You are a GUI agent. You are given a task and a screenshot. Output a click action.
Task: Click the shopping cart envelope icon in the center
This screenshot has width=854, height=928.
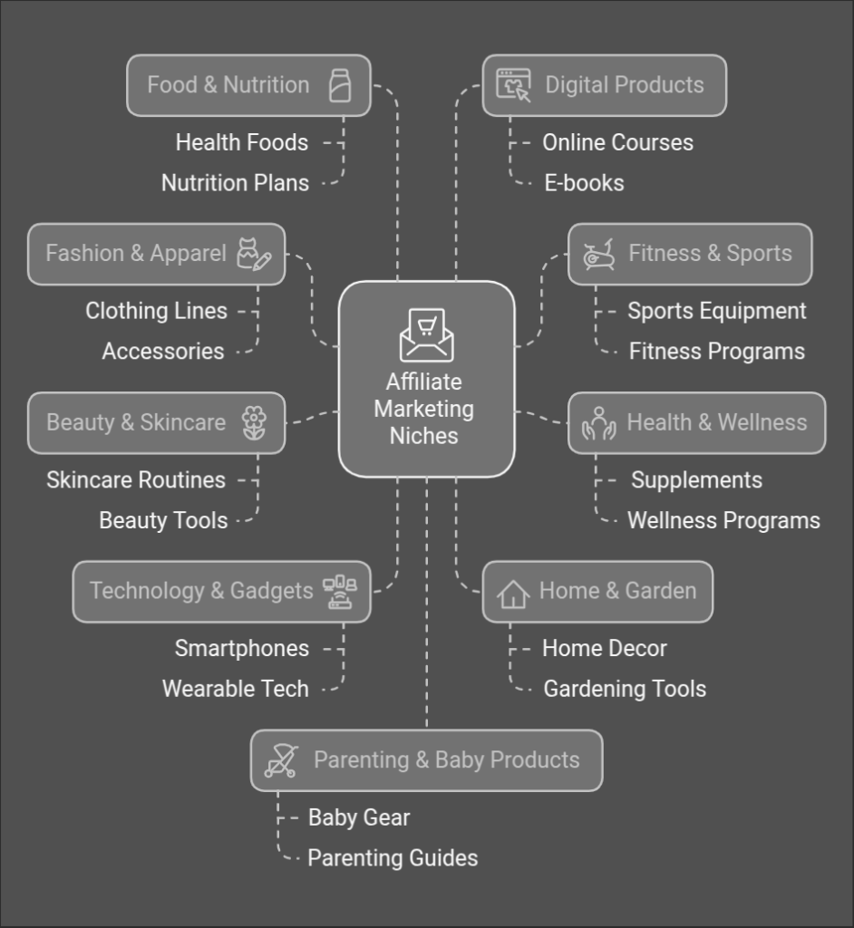click(426, 334)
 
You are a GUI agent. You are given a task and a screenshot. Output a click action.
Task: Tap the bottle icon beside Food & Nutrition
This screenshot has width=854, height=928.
click(340, 85)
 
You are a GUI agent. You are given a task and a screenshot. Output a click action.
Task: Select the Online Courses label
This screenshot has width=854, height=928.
click(617, 142)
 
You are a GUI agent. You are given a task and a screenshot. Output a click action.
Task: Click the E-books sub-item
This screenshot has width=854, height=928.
click(584, 182)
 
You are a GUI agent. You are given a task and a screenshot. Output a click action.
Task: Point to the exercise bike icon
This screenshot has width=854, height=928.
click(599, 255)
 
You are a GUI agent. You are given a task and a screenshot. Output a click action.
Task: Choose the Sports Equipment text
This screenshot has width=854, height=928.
click(716, 311)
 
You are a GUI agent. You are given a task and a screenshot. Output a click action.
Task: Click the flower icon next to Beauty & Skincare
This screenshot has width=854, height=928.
click(255, 422)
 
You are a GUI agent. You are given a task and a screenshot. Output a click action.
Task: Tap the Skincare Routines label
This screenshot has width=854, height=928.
click(136, 479)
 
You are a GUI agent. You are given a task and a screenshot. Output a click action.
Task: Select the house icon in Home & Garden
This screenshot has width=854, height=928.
click(513, 594)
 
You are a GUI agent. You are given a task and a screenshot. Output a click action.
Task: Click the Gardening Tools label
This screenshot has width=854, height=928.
click(625, 689)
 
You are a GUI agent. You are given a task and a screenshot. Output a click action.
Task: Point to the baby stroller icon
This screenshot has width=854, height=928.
click(282, 760)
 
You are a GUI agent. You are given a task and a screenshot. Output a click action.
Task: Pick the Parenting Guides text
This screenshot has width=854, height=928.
click(393, 857)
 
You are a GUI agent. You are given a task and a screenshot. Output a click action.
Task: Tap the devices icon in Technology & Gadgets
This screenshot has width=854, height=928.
click(340, 592)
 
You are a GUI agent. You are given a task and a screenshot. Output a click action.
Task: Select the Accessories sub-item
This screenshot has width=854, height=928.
click(163, 351)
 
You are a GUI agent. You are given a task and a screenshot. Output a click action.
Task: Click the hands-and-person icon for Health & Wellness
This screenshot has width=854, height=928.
click(598, 423)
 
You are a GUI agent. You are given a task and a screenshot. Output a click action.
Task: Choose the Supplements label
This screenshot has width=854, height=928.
click(696, 479)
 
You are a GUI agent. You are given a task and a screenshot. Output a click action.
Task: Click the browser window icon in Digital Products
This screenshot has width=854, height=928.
click(513, 85)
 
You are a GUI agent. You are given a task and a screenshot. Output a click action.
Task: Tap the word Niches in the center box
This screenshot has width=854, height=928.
click(424, 436)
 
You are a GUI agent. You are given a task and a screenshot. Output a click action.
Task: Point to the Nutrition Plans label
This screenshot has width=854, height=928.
click(235, 182)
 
